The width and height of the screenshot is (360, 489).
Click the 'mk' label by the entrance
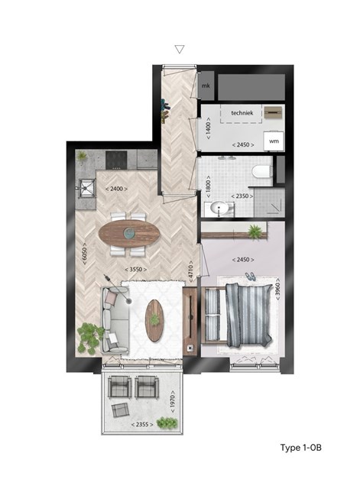click(206, 86)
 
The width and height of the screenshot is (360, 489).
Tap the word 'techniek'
click(242, 113)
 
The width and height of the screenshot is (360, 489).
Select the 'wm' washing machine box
click(274, 141)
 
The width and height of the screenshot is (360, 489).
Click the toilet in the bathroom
click(262, 171)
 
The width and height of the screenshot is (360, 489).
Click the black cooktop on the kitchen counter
click(116, 160)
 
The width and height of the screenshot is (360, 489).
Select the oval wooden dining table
click(129, 233)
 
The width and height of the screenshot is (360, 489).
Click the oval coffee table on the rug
click(154, 320)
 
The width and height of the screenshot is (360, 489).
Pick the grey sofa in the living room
click(114, 321)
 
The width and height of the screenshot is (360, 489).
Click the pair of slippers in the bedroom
click(250, 277)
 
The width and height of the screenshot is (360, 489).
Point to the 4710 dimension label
click(190, 272)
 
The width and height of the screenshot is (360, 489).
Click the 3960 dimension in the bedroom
click(277, 290)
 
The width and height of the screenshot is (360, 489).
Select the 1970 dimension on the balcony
click(173, 402)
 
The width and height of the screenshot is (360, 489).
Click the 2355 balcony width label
click(142, 425)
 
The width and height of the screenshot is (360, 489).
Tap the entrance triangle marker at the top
click(180, 49)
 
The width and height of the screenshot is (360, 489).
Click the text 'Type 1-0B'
click(300, 448)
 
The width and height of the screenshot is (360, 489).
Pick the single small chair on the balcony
click(120, 410)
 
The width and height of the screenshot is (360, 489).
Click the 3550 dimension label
click(136, 270)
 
